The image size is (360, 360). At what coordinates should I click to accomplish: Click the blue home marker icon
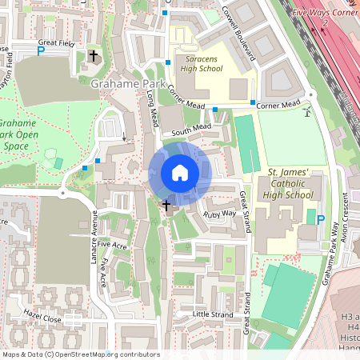click(180, 173)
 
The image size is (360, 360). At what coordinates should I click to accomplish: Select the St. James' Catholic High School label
click(289, 183)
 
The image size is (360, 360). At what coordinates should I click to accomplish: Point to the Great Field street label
click(55, 42)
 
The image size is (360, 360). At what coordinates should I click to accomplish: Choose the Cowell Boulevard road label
click(238, 34)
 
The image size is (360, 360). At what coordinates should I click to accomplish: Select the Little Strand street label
click(212, 314)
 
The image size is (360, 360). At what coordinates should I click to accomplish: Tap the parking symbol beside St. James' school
click(321, 220)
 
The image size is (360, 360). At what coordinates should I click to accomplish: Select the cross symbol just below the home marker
click(167, 206)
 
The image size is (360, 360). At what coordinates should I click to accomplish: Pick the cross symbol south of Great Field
click(94, 56)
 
